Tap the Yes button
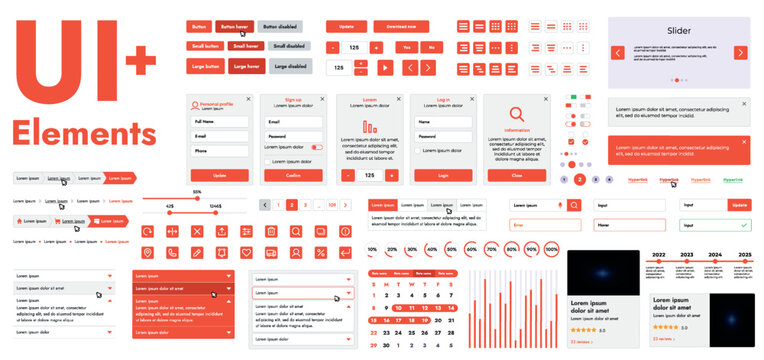tap(406, 47)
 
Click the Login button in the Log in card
tap(444, 175)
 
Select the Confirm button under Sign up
tap(294, 175)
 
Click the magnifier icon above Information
tap(517, 114)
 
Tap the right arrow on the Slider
tap(740, 52)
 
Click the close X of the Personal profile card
tap(249, 99)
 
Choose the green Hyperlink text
tap(733, 180)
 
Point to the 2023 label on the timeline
tap(687, 255)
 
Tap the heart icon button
tap(246, 252)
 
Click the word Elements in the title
tap(83, 133)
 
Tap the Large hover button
tap(247, 66)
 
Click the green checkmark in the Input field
tap(742, 226)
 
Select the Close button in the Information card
tap(517, 175)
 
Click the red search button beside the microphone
tap(573, 205)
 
